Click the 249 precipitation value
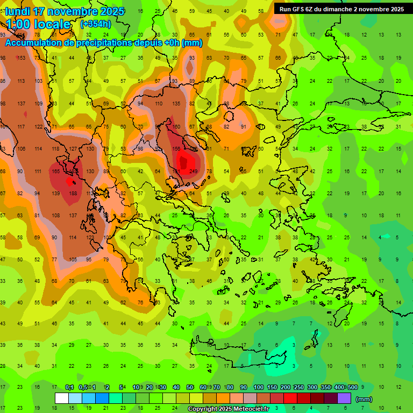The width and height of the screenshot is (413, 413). coord(194,172)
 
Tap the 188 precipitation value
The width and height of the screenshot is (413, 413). coord(73,193)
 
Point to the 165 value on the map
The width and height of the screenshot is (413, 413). coord(55,172)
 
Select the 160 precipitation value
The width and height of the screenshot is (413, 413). coord(176,127)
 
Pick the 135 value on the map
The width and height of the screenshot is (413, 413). coord(176,104)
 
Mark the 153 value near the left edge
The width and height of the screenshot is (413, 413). coord(22,58)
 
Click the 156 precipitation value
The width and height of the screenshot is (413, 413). coord(176,149)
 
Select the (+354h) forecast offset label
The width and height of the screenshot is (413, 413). coord(95,24)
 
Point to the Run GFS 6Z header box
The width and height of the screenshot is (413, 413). coord(342,9)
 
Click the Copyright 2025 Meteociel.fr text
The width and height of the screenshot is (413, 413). coord(229,409)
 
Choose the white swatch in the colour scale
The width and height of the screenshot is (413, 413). coord(62,398)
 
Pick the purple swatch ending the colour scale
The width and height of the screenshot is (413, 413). coord(344,398)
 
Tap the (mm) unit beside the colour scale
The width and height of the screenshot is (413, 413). coord(364,399)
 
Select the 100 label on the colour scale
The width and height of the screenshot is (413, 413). coord(259,388)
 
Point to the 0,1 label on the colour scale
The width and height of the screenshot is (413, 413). coord(69,388)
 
